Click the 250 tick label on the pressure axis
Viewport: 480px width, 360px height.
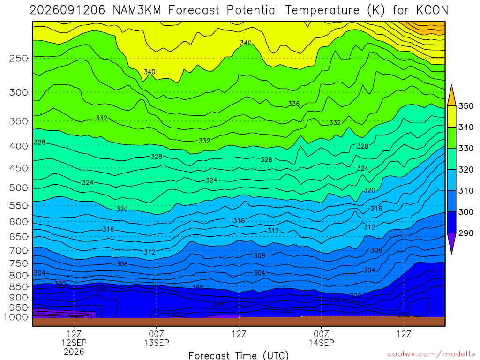19,58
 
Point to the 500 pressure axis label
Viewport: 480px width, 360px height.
19,187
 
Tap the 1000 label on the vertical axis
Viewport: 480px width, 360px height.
16,317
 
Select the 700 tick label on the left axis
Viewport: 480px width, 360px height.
19,251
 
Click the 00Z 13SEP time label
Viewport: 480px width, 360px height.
157,338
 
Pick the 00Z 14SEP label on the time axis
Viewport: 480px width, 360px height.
322,338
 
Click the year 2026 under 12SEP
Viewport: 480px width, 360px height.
74,352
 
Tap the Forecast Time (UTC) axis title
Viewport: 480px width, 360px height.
239,355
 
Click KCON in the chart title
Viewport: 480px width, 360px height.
432,10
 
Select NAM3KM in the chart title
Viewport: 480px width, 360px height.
137,10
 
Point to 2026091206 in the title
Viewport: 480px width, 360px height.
67,10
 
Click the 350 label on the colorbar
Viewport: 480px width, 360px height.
465,106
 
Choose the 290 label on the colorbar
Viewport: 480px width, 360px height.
465,233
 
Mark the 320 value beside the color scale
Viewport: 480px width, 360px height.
465,170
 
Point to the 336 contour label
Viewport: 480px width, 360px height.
294,104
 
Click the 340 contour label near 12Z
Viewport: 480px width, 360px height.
246,43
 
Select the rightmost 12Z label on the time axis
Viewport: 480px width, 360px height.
404,334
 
